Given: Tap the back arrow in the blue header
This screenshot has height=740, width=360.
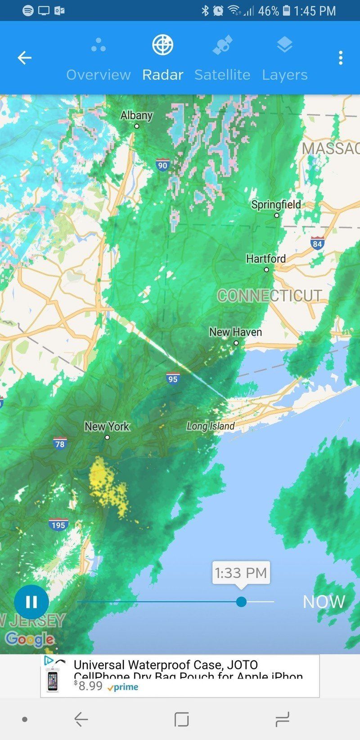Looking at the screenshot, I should (25, 58).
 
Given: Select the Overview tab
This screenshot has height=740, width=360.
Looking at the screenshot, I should (99, 59).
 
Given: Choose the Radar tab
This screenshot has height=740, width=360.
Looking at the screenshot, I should (162, 59).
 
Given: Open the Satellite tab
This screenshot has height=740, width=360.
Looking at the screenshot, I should (222, 59).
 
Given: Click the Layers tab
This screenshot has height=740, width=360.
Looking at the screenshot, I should (285, 59).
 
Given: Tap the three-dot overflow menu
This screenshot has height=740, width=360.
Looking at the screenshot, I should (341, 58).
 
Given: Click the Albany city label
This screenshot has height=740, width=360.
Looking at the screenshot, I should (136, 116).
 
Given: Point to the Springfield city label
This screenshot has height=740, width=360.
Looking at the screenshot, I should (276, 205).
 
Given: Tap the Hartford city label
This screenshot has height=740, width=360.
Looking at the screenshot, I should (265, 259).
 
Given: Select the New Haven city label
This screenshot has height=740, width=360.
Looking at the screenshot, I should (235, 332).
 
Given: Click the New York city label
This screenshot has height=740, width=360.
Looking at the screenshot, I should (107, 426).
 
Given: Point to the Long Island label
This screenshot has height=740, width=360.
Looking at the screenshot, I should (211, 426).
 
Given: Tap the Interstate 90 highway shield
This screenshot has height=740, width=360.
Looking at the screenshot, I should (162, 165).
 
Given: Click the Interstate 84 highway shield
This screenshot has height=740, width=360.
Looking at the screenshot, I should (317, 243).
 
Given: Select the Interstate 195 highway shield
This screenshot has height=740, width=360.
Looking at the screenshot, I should (58, 525).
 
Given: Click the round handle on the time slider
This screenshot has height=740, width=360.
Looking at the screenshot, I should (241, 601).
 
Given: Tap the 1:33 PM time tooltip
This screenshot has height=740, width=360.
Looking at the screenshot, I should (241, 573).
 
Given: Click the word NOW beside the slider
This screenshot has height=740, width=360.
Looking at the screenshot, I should (324, 602).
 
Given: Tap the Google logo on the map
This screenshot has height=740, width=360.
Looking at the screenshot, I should (30, 639).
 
